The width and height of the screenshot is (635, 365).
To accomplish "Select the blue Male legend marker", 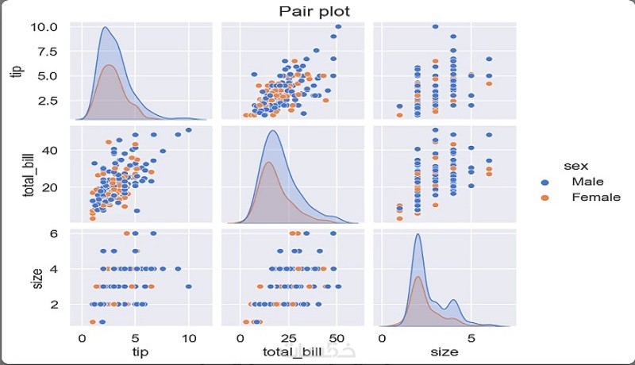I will pos(545,182).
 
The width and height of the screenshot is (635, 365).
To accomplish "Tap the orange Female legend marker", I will pos(545,198).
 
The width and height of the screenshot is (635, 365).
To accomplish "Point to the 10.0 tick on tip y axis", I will pos(44,26).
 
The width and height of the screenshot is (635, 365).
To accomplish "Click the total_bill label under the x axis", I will pos(291,351).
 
